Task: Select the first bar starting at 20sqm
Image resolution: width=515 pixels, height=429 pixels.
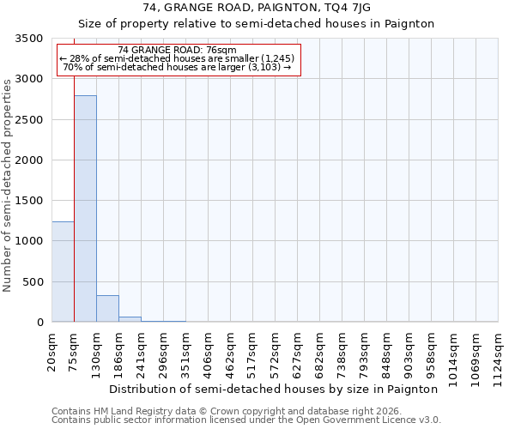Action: coord(63,271)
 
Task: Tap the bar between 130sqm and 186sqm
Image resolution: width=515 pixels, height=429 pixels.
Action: coord(107,308)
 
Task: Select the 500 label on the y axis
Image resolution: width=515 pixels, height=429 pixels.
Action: coord(34,282)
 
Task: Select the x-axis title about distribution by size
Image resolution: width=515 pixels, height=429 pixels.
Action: coord(274,389)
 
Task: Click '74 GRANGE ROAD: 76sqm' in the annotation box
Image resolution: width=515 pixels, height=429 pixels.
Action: coord(177,51)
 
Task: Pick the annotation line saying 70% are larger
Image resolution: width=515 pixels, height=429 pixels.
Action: coord(177,67)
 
